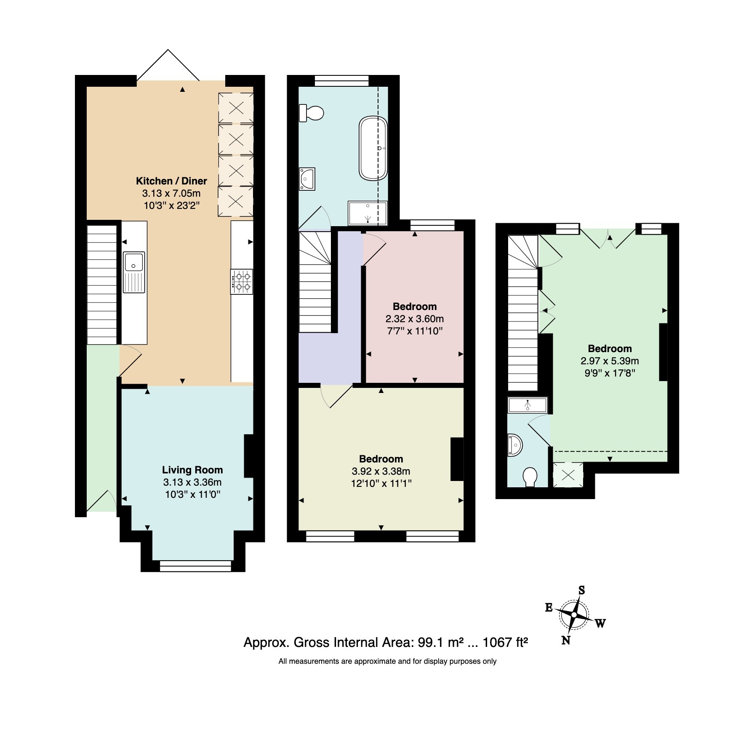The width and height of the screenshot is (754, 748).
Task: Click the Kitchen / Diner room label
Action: pos(171,181)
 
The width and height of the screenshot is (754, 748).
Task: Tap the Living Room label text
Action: pos(192,470)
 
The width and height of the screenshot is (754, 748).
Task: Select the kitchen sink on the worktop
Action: pos(134,272)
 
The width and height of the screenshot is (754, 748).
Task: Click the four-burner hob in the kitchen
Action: pos(242,281)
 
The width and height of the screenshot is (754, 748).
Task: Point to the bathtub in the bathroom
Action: pos(373,149)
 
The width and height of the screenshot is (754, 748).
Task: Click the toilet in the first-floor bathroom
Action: pos(312,113)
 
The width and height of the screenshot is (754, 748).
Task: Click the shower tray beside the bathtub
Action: pos(368,213)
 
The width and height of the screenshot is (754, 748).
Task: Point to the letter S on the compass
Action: pos(581,590)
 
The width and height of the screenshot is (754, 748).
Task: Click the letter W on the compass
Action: pos(600,623)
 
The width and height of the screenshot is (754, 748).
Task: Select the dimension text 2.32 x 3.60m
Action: pos(415,319)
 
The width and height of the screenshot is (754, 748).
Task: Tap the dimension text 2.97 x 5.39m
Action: pos(610,361)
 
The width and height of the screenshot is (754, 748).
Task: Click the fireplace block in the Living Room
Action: pos(249,456)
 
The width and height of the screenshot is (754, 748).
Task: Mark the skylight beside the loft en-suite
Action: pos(568,475)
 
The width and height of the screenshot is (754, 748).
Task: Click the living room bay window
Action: pos(196,566)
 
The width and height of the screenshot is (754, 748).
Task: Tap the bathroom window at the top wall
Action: pos(341,81)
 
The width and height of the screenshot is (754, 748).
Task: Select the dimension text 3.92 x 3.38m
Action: pos(381,471)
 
